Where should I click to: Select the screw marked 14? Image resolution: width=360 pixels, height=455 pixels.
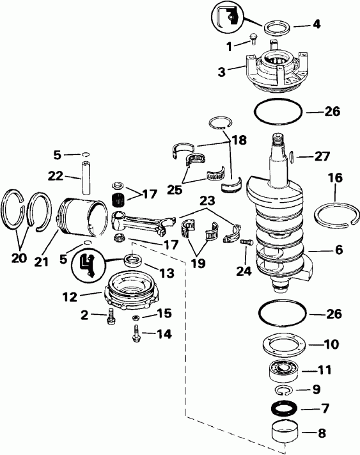coord(136,334)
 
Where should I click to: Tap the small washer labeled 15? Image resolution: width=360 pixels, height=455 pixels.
coord(136,317)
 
